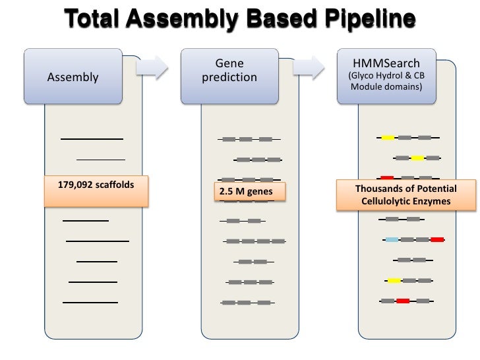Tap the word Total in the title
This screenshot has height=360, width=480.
pos(94,20)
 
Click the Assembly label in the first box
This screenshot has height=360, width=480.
pos(73,77)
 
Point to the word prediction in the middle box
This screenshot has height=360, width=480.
pos(229,77)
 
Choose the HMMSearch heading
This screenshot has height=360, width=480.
pos(386,63)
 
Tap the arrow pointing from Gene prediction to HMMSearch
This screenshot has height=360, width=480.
pos(310,66)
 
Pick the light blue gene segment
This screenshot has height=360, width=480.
pos(392,239)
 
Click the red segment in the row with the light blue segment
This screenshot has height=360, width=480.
pos(436,239)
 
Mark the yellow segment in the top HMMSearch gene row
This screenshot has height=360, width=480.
pos(388,137)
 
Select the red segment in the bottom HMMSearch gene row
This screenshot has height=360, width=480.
pos(403,301)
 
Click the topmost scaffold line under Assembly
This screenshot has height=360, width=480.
pos(92,139)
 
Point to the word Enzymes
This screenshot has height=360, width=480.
pos(433,200)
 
